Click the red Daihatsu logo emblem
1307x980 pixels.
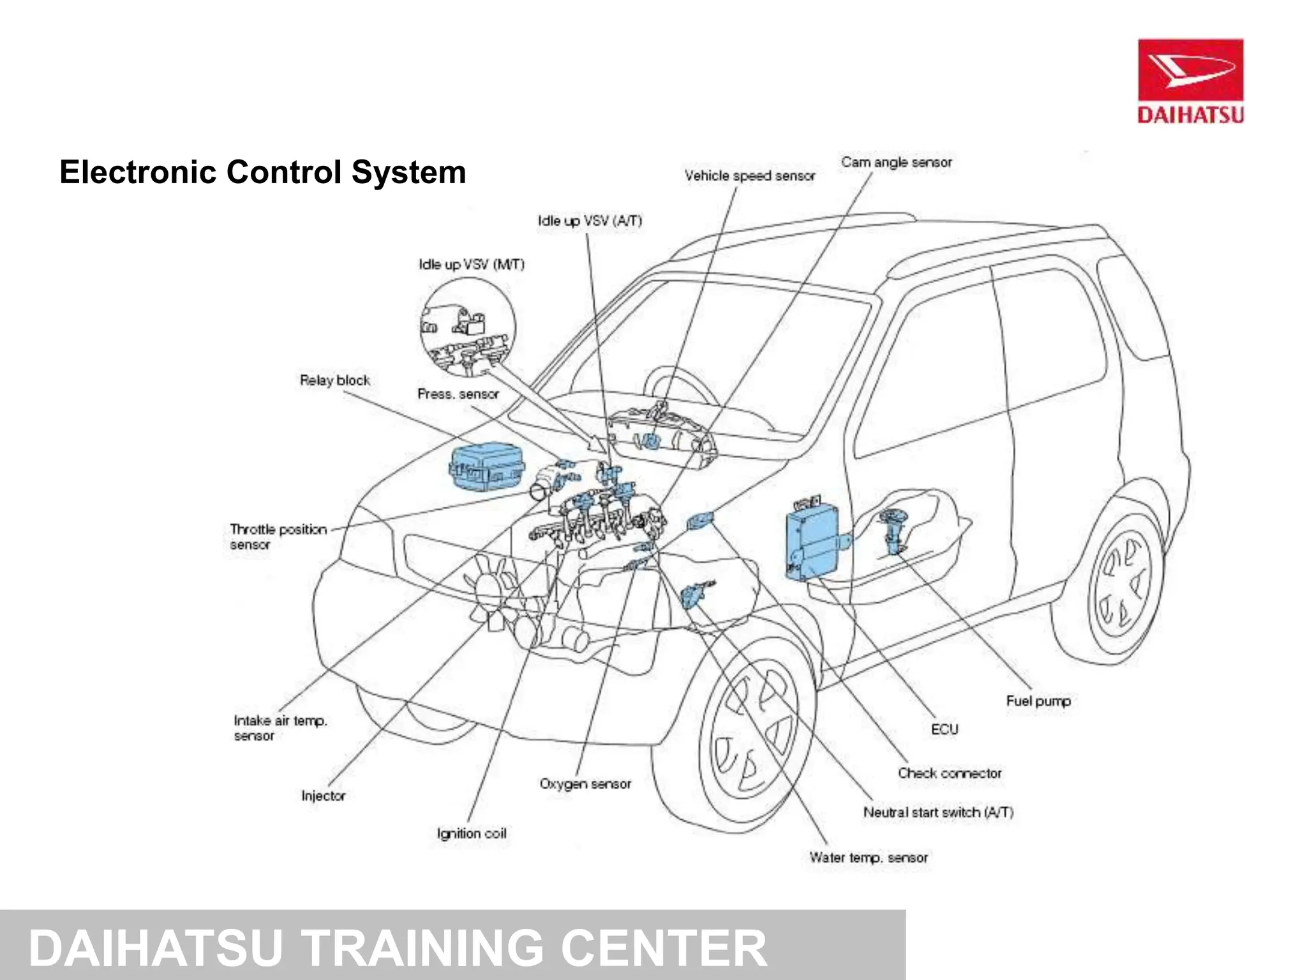point(1190,70)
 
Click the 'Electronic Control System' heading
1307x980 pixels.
point(262,172)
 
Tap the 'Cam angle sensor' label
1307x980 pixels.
point(896,163)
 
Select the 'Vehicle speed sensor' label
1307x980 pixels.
point(749,176)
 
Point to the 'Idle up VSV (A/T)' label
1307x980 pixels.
point(589,221)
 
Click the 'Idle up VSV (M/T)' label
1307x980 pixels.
point(471,264)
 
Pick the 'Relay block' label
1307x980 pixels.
point(334,380)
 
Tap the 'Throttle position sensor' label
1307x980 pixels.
point(278,537)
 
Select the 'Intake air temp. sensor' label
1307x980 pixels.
point(280,728)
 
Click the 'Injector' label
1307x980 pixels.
point(323,796)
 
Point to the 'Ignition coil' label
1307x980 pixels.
point(471,833)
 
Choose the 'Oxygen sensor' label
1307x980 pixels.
point(585,783)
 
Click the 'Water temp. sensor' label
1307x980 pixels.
point(868,857)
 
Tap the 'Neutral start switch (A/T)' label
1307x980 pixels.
point(937,812)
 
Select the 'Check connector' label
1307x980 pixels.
point(949,773)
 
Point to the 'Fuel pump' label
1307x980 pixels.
point(1038,701)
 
